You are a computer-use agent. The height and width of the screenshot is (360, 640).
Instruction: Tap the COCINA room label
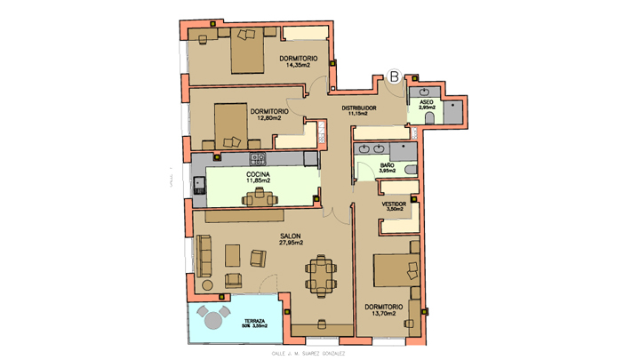point(259,174)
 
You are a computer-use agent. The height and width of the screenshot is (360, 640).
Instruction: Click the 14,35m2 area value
point(298,66)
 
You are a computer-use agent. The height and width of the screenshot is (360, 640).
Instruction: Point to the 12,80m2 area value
point(268,117)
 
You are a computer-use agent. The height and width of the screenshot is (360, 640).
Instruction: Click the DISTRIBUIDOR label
point(359,108)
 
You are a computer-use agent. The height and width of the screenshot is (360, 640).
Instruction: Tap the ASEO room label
point(427,102)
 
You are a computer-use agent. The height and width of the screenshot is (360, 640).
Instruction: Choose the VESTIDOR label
point(394,204)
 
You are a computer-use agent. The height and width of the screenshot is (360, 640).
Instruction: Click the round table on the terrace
point(213,318)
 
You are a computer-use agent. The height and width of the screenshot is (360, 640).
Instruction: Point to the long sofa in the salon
point(204,257)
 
